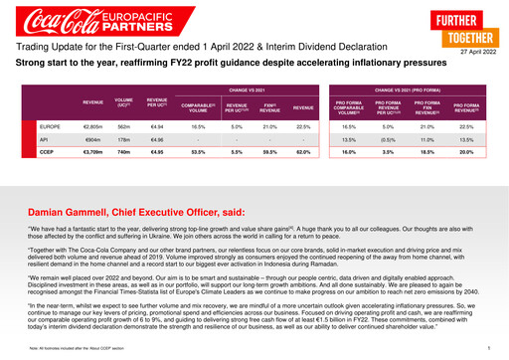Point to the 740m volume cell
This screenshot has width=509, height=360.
tap(124, 153)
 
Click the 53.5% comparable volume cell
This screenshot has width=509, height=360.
tap(198, 153)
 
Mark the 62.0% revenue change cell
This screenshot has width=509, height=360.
tap(304, 153)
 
